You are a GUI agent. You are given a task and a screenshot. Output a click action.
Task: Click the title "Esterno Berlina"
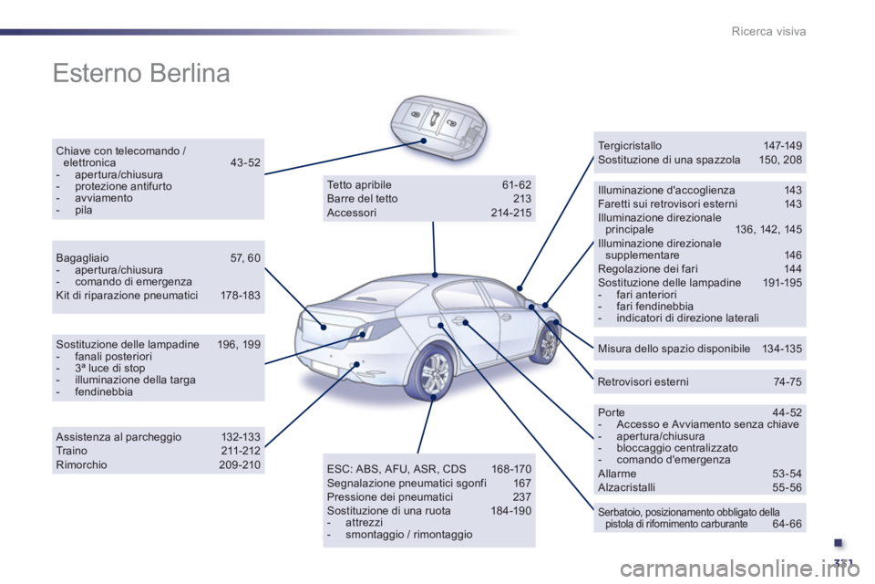[x=141, y=73]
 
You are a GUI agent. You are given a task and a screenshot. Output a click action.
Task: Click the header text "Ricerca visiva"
[x=768, y=31]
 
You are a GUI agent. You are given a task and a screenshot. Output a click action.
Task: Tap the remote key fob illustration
[x=437, y=126]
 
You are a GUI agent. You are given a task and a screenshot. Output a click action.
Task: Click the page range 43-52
[x=245, y=162]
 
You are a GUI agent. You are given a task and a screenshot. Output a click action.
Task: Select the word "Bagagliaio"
[x=82, y=257]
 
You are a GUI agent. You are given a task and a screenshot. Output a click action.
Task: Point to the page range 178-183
[x=241, y=295]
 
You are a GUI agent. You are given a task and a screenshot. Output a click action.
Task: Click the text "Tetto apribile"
[x=359, y=184]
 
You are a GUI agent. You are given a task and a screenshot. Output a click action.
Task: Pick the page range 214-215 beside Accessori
[x=511, y=213]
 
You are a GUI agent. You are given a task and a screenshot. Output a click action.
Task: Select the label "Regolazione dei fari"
[x=647, y=268]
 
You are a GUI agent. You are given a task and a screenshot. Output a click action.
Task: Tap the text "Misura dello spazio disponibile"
[x=674, y=349]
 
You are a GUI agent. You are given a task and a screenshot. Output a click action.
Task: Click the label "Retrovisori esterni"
[x=643, y=381]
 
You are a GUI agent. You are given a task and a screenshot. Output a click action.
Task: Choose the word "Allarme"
[x=617, y=474]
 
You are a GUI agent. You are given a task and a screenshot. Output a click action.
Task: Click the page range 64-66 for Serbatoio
[x=787, y=524]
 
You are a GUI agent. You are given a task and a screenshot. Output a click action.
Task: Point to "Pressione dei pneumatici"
[x=389, y=496]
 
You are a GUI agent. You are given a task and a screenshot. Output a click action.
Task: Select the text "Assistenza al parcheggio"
[x=118, y=436]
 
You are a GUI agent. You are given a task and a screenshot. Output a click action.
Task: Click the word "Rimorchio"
[x=81, y=464]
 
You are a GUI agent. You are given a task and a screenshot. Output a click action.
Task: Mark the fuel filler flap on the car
[x=432, y=323]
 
